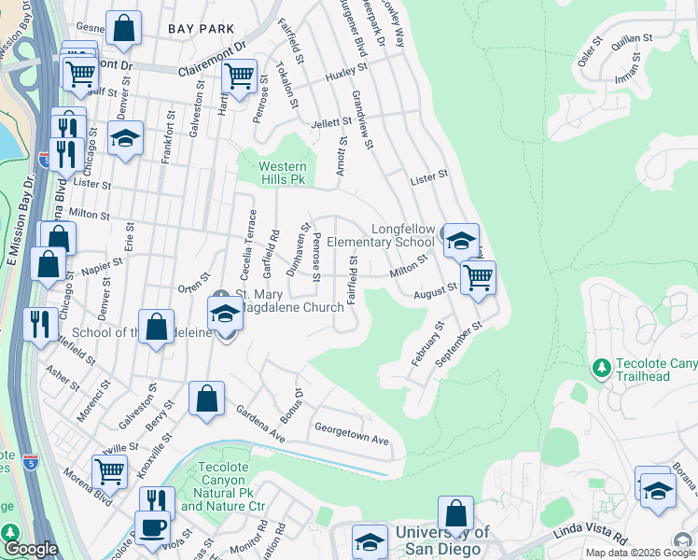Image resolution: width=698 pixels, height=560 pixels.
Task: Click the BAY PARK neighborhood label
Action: (x=202, y=29)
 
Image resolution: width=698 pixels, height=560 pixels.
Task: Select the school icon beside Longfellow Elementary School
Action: (x=460, y=240)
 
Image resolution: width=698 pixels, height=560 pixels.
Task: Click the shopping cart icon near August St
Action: (x=478, y=276)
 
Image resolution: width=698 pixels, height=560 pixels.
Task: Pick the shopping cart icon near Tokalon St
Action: (x=240, y=77)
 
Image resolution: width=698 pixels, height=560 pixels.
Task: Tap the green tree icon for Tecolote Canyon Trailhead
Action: (x=601, y=370)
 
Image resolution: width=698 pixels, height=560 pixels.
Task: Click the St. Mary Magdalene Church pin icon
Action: (x=221, y=297)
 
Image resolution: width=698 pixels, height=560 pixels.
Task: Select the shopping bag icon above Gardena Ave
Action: (x=206, y=399)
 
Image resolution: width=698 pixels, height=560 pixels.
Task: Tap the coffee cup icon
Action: (x=152, y=527)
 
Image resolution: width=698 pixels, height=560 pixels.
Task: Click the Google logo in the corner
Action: (x=31, y=549)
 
